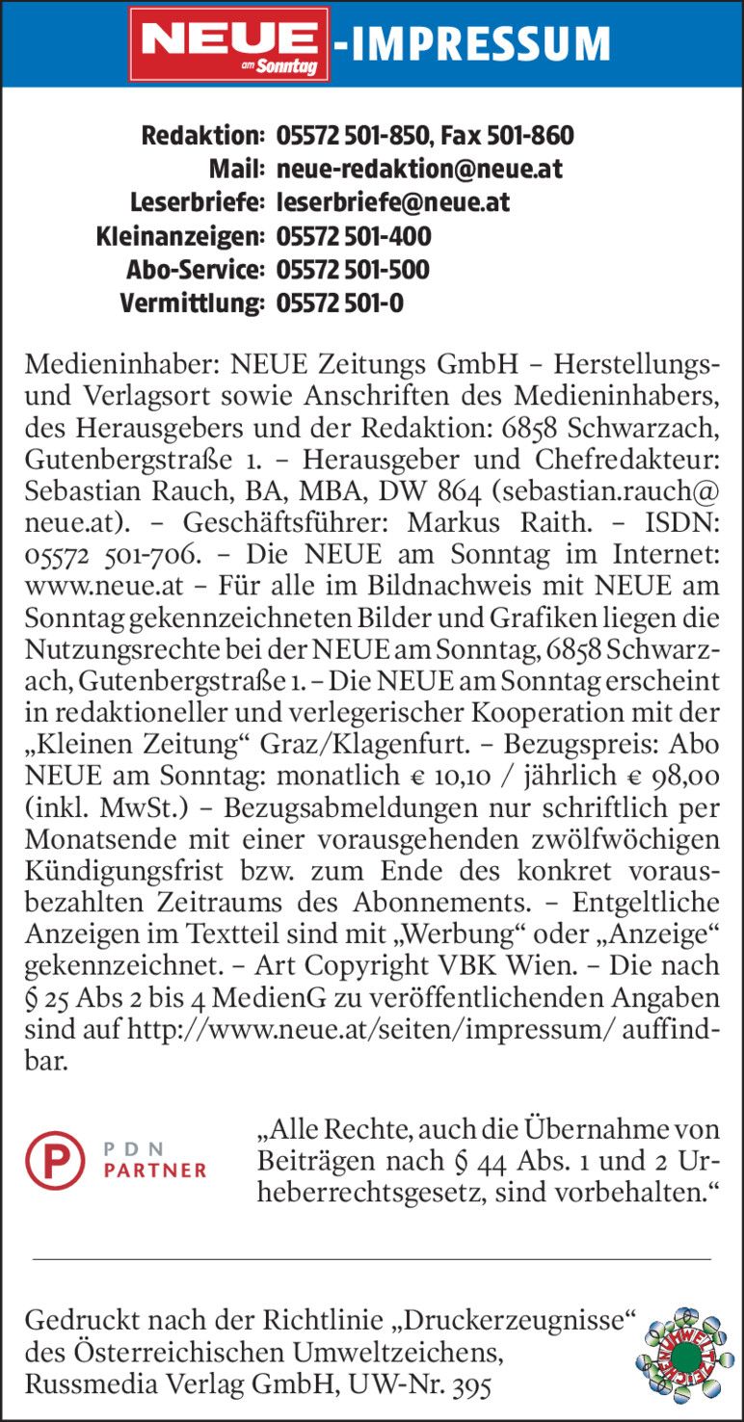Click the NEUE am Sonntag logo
click(x=229, y=44)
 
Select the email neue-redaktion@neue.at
click(x=419, y=170)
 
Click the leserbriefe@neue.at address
click(x=392, y=203)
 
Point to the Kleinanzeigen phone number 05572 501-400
click(x=354, y=236)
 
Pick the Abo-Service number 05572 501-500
click(x=353, y=270)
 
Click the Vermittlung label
click(x=192, y=303)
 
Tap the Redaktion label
click(x=202, y=136)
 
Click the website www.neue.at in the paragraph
click(x=93, y=585)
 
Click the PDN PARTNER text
click(x=154, y=1160)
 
